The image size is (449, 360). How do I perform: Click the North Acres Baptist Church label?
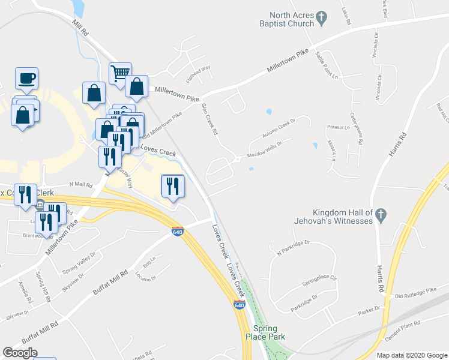(292, 19)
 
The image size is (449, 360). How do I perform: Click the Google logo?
(20, 353)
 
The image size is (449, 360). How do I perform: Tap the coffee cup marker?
(26, 78)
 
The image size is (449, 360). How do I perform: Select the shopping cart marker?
(120, 73)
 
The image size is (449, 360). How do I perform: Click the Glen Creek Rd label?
(209, 118)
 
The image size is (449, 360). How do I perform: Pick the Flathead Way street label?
(197, 73)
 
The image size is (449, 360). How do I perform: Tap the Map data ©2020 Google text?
(411, 355)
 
